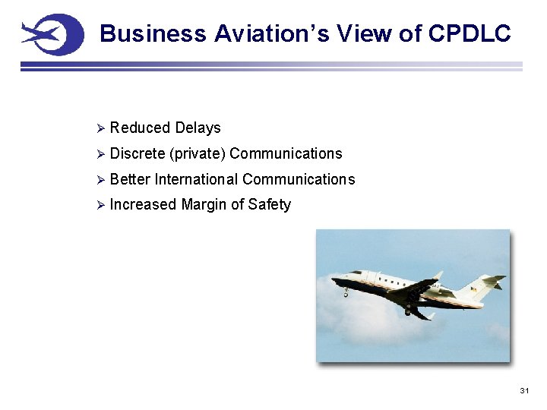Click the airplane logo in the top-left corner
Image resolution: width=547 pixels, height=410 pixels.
point(52,34)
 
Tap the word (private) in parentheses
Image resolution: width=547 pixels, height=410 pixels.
point(198,153)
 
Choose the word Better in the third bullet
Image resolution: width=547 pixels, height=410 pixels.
point(130,179)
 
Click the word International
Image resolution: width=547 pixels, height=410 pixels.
point(197,179)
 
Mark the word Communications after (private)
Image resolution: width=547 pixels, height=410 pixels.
point(286,153)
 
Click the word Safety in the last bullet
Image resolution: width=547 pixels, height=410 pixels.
point(270,204)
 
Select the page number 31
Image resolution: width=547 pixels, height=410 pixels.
point(523,390)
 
